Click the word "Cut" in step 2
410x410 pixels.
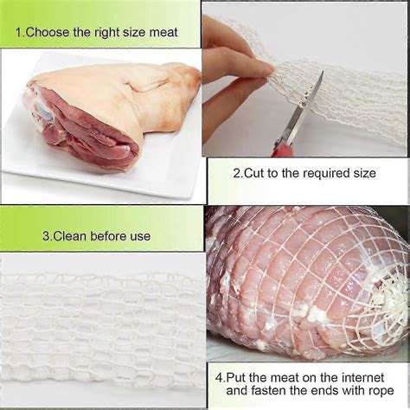[255, 173]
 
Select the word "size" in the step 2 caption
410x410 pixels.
[361, 173]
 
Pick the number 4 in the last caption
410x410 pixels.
[221, 377]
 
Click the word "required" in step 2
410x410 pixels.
[315, 173]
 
